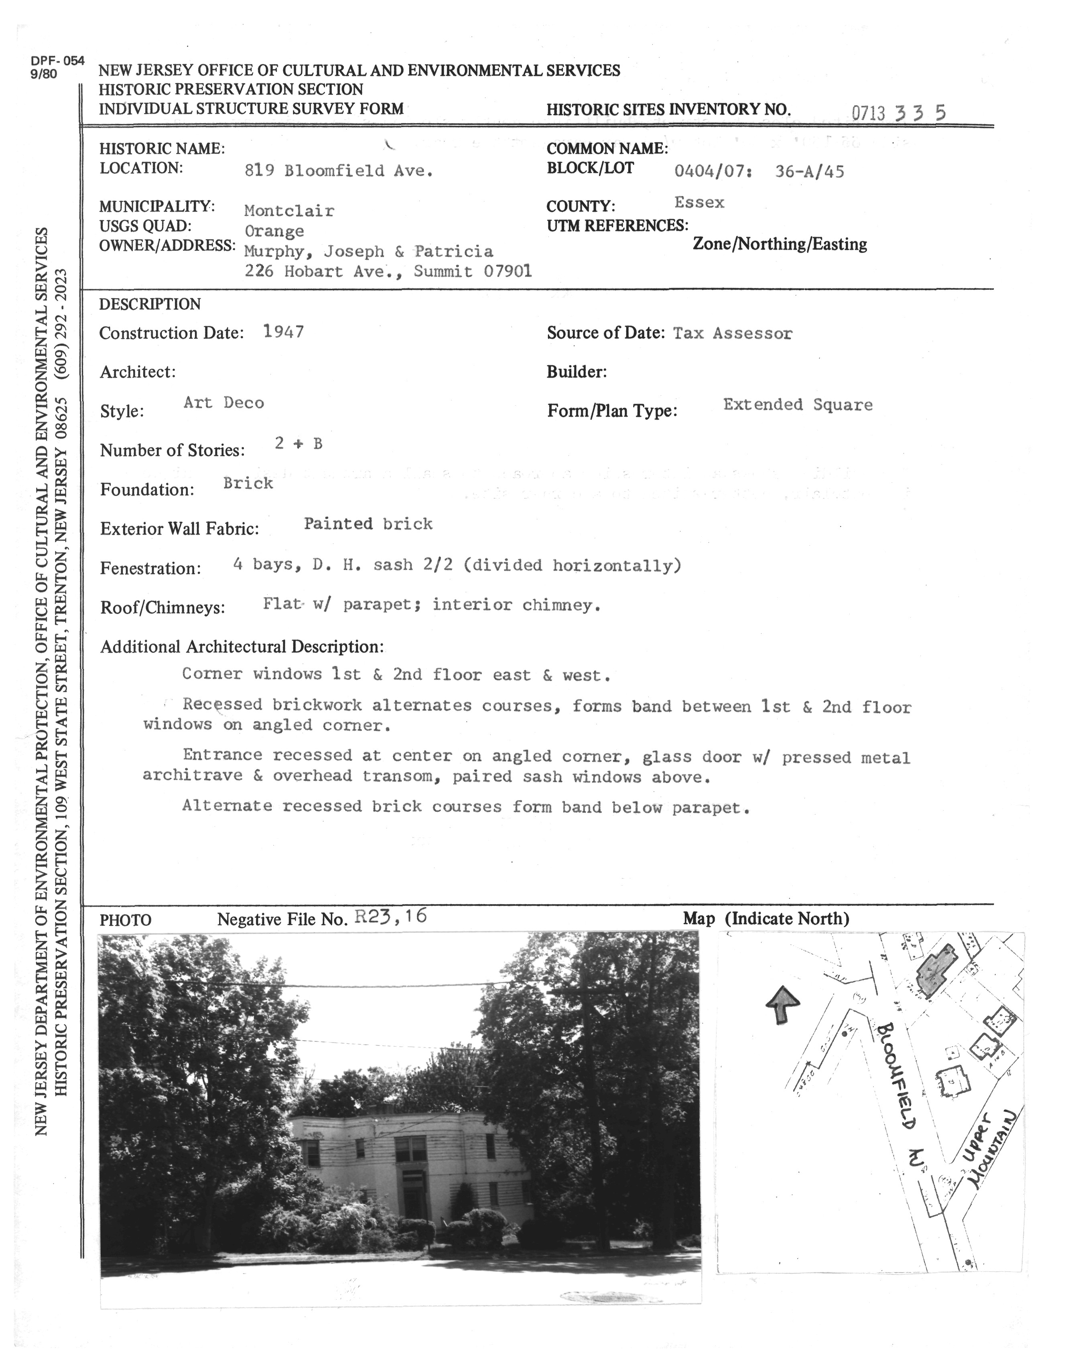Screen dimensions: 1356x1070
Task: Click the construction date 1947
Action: tap(284, 331)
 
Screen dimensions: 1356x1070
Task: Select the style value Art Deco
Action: tap(223, 403)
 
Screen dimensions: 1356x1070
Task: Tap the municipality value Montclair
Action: tap(289, 211)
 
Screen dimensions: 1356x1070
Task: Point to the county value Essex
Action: tap(699, 202)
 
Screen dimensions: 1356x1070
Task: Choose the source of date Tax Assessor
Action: tap(732, 333)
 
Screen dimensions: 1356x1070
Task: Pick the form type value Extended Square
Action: tap(798, 405)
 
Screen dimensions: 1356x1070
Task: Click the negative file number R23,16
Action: tap(391, 917)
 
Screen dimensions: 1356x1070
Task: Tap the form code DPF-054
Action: tap(57, 61)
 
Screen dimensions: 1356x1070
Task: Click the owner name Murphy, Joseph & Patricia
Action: tap(368, 251)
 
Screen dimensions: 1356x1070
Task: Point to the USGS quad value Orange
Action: tap(274, 231)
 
